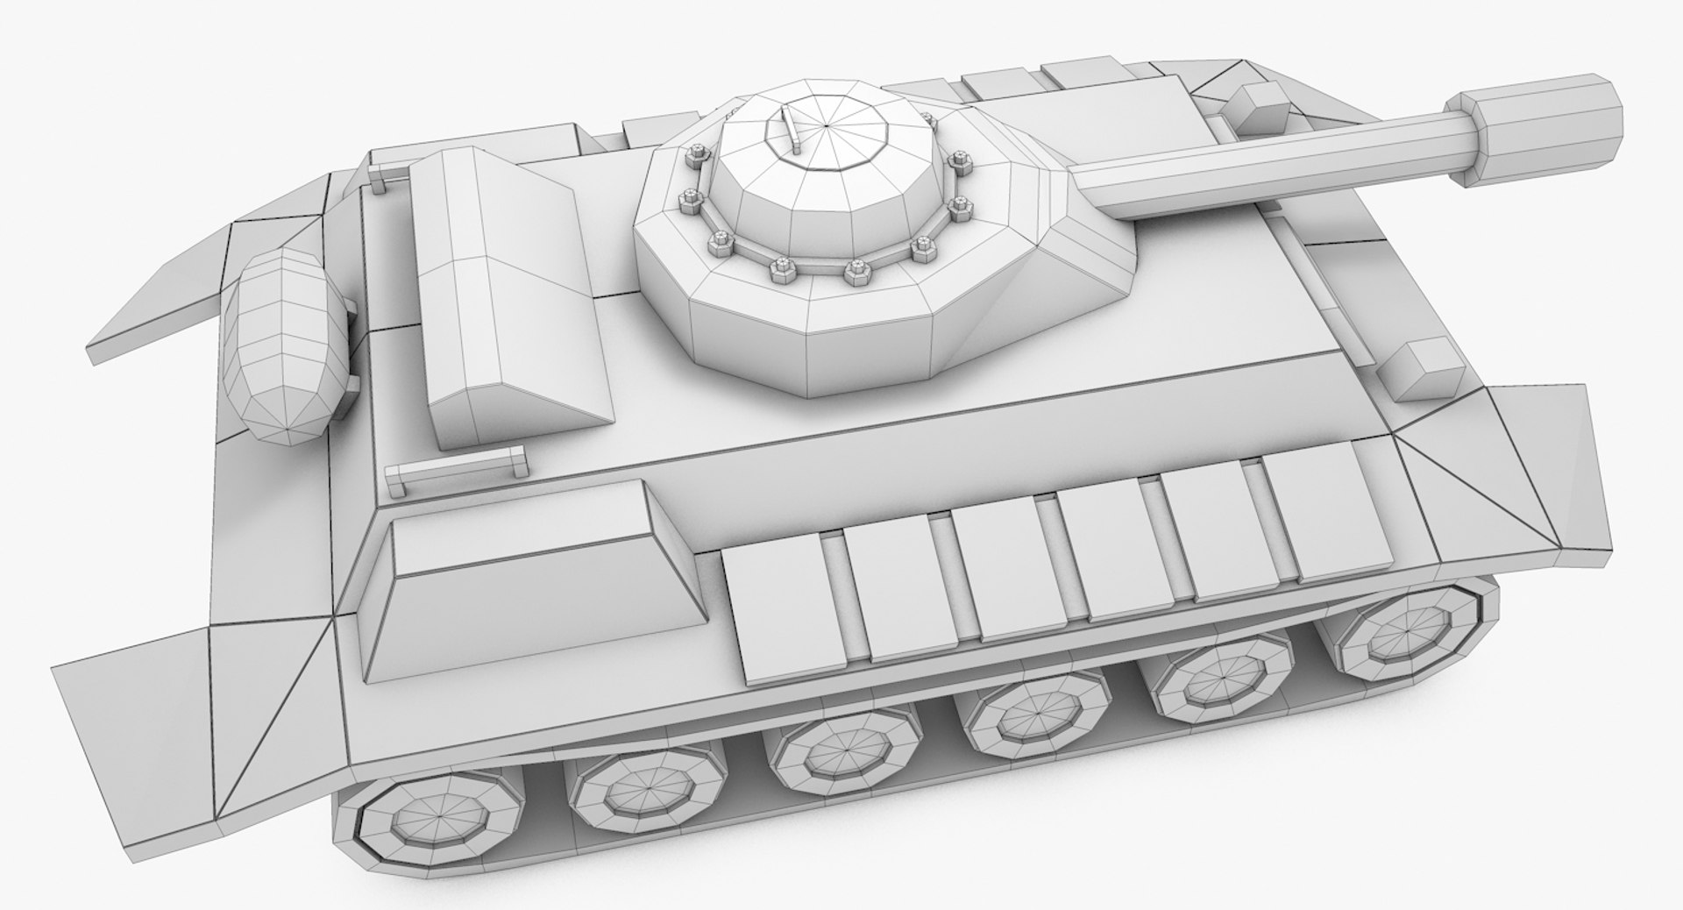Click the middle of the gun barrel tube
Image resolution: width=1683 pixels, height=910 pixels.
(x=1262, y=162)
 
